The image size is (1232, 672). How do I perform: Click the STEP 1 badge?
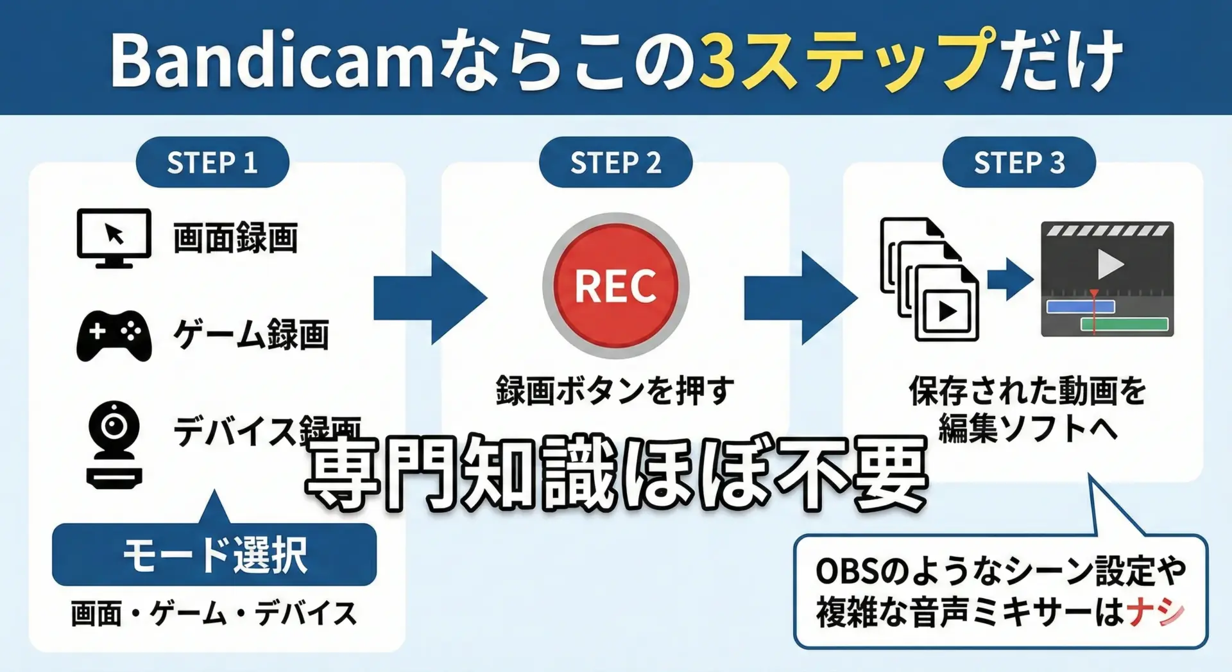212,162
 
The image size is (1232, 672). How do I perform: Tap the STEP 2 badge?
615,162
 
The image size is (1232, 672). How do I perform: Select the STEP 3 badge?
1019,162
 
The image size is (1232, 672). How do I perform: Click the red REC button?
615,286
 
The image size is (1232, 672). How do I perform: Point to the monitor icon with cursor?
114,237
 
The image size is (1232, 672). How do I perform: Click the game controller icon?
114,336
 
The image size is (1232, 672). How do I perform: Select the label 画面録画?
235,238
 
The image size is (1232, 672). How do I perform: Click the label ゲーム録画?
251,334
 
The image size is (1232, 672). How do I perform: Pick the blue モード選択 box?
214,555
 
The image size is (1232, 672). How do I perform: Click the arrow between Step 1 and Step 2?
430,298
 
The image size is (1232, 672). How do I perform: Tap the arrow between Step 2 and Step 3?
800,298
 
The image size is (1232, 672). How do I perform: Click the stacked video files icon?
929,279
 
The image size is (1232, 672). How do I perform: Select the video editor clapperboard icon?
1107,279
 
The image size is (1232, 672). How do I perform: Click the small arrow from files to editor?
1010,279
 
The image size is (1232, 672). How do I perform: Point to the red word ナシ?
1155,612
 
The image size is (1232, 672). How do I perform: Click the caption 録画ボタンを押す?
615,390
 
